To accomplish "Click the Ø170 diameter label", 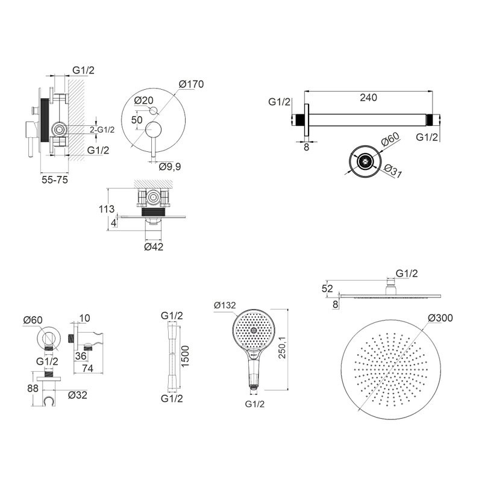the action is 191,84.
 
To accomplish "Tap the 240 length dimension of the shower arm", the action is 368,98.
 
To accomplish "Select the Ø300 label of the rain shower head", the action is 440,318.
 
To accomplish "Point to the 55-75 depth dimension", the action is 55,180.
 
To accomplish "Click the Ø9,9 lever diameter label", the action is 170,167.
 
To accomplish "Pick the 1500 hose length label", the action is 185,356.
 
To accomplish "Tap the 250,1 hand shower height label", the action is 282,347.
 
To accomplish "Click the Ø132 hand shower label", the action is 225,305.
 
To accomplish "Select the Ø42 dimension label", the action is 154,246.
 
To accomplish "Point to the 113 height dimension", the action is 107,209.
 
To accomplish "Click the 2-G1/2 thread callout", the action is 102,130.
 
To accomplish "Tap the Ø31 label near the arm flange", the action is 393,171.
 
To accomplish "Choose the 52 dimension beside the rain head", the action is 327,289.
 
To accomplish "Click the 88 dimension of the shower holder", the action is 33,388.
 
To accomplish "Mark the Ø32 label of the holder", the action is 78,395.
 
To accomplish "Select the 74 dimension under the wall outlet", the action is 88,368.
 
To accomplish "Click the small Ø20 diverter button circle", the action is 153,110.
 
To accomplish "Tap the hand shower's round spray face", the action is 253,330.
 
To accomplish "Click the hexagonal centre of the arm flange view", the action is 366,161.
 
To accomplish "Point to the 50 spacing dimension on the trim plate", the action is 137,119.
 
